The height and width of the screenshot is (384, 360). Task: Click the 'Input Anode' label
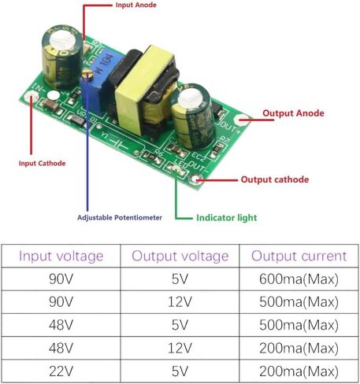click(136, 5)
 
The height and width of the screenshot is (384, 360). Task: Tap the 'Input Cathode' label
click(42, 163)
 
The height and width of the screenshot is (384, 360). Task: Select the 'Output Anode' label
click(293, 113)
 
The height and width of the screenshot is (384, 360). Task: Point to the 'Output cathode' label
click(275, 179)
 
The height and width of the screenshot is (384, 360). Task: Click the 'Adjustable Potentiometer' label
click(120, 217)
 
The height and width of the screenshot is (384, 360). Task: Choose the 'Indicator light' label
click(227, 218)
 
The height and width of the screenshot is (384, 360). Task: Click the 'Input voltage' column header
click(61, 256)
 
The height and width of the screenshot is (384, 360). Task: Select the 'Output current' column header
click(299, 256)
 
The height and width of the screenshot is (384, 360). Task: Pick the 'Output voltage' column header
click(180, 256)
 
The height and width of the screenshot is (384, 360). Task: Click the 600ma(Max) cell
click(299, 279)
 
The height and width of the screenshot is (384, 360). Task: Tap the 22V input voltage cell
click(61, 371)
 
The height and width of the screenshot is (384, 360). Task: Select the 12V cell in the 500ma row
click(180, 302)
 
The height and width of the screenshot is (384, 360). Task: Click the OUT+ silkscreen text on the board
click(230, 127)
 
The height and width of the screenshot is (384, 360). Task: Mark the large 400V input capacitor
click(62, 57)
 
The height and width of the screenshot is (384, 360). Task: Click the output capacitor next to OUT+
click(192, 116)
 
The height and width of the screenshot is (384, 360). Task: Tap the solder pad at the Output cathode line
click(195, 179)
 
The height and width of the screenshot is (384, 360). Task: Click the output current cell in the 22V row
click(299, 371)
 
